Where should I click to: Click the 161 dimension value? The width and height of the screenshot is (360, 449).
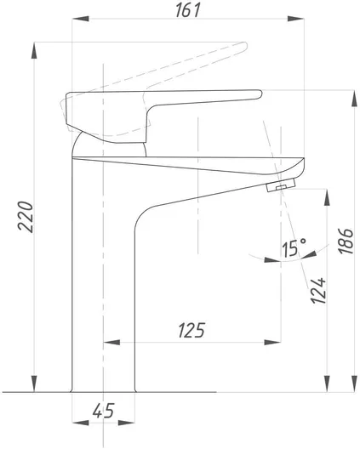[x=188, y=10]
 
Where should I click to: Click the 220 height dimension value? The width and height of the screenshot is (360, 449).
[x=26, y=216]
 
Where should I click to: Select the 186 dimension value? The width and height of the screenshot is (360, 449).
[x=345, y=241]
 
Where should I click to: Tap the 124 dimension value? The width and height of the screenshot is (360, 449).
[x=318, y=290]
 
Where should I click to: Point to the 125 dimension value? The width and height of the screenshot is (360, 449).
[x=191, y=330]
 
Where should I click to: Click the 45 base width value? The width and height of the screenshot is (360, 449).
[x=104, y=411]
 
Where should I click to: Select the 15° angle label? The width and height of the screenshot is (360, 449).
[x=294, y=247]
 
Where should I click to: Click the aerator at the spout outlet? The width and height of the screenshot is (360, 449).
[x=281, y=185]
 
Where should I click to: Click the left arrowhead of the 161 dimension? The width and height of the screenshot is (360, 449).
[x=81, y=19]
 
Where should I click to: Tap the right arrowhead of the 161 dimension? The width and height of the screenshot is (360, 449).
[x=296, y=19]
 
